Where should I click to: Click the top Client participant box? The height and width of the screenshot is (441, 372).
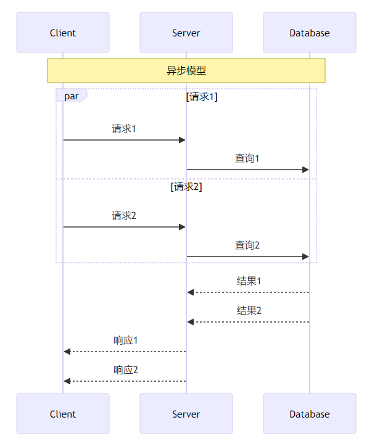tap(63, 33)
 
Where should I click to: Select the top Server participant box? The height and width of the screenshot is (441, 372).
tap(186, 33)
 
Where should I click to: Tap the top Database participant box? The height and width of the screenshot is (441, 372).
tap(310, 33)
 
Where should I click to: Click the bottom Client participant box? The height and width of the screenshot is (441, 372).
tap(63, 414)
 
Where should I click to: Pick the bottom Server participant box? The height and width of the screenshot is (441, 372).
tap(186, 414)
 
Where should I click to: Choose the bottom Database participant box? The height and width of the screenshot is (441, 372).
tap(310, 414)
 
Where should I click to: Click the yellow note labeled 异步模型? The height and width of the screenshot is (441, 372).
tap(186, 71)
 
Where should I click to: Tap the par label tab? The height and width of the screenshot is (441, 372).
tap(71, 96)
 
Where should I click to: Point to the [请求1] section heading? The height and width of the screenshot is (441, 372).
tap(202, 97)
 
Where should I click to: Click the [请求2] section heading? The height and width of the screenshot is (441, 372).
tap(186, 187)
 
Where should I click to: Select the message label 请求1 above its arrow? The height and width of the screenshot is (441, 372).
tap(124, 129)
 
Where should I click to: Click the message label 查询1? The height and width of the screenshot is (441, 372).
tap(247, 159)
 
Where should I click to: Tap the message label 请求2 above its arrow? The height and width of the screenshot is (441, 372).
tap(124, 216)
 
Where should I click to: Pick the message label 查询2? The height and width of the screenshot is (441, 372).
tap(247, 245)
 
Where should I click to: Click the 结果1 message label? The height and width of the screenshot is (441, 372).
tap(249, 281)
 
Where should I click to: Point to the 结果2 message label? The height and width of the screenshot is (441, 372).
tap(249, 311)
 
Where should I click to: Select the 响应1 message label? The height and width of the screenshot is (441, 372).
tap(126, 340)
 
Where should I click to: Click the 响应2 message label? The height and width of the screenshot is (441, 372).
tap(126, 370)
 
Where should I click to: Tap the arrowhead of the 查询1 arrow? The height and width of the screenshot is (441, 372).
tap(305, 170)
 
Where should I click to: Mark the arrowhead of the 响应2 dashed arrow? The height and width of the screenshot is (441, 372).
tap(67, 381)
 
